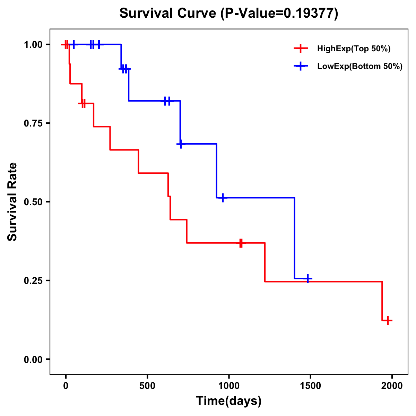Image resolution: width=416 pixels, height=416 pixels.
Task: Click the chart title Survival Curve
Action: (x=228, y=14)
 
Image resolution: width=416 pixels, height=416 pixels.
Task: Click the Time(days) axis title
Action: (x=229, y=401)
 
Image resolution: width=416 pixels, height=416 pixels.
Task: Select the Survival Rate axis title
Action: (x=13, y=202)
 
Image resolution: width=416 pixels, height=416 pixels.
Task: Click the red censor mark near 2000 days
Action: (x=388, y=320)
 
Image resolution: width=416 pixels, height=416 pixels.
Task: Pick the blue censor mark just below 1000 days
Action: (x=223, y=198)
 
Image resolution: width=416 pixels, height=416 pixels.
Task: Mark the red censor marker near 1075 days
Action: (x=241, y=243)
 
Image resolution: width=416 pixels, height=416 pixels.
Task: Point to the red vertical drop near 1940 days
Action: (x=382, y=301)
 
